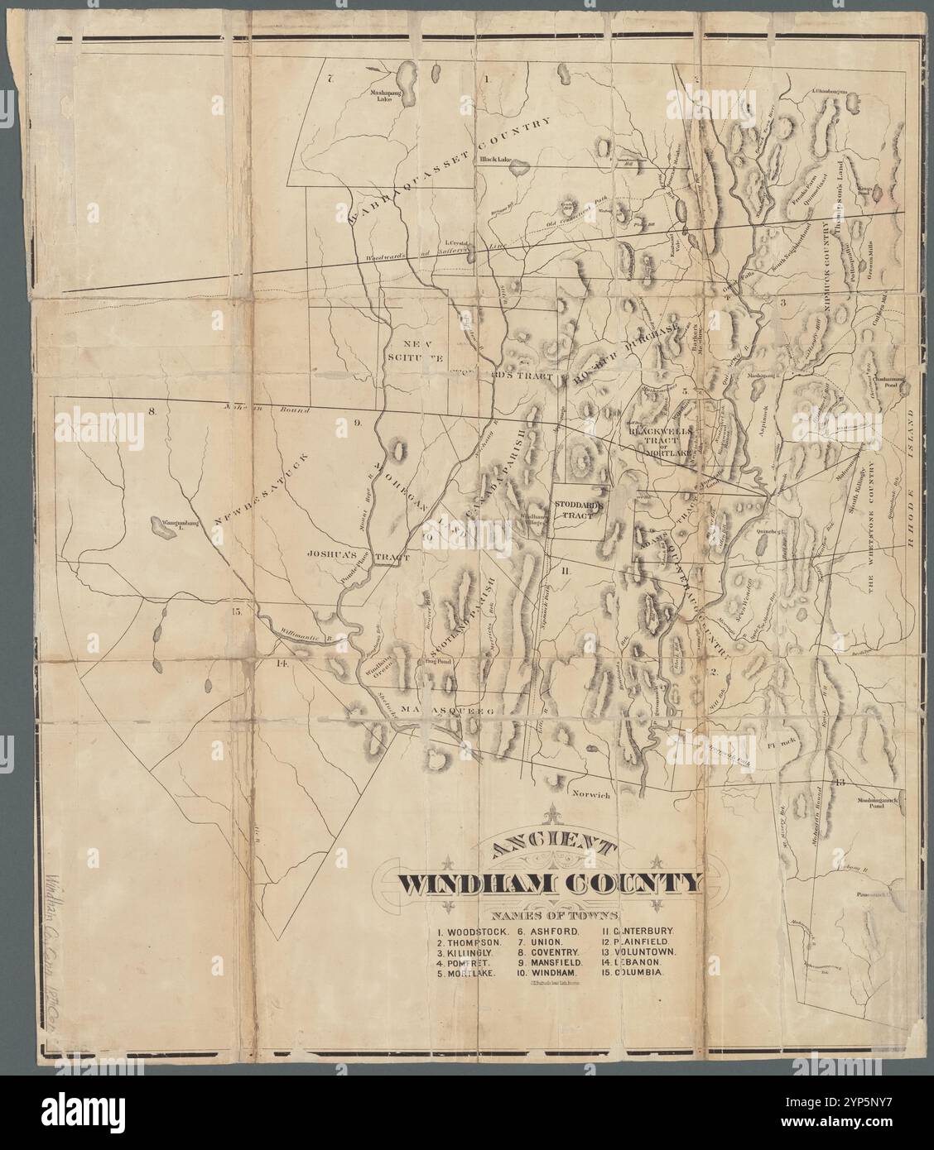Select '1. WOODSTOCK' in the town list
click(x=468, y=931)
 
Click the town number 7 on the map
click(x=329, y=79)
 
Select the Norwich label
click(x=591, y=794)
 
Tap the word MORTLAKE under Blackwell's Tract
click(x=668, y=453)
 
